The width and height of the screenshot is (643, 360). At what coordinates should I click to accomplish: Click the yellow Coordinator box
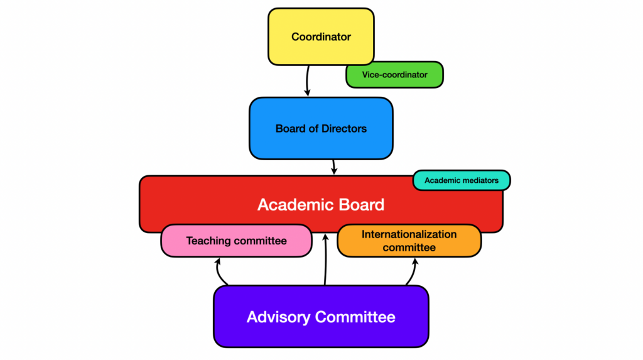321,36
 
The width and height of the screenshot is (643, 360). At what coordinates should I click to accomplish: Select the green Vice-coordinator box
394,75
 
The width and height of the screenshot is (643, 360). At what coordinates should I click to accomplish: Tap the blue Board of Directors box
321,129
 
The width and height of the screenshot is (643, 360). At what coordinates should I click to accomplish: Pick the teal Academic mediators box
462,180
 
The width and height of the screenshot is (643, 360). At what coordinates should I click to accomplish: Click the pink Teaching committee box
236,241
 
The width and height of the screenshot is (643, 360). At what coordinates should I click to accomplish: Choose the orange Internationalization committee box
409,241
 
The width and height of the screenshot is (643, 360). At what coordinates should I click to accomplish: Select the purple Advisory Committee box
321,317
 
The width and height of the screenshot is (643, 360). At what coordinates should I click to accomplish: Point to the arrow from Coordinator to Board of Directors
307,81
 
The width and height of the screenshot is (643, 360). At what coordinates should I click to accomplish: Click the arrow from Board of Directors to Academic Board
334,167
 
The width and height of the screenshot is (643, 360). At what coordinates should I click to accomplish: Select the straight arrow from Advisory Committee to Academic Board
326,259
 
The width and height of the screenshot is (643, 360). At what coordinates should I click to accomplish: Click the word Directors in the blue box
344,129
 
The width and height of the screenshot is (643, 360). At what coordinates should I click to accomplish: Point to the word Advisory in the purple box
278,317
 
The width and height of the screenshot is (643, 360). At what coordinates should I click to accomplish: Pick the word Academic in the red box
292,204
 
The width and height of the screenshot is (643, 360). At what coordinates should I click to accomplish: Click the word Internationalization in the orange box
409,234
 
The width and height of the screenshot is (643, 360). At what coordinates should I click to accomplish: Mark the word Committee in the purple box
355,317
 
